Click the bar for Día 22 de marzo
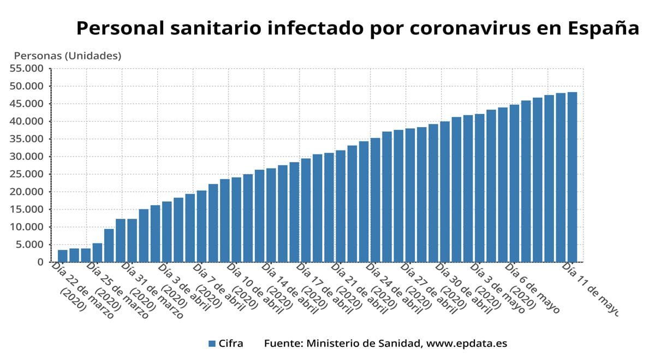tap(62, 256)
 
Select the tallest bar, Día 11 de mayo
tap(572, 177)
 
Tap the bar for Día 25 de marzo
tap(97, 253)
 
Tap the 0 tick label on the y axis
tap(40, 262)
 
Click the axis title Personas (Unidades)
tap(67, 56)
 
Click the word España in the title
tap(603, 28)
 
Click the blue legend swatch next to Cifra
tap(212, 344)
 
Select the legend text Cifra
tap(231, 344)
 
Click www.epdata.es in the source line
tap(467, 344)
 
